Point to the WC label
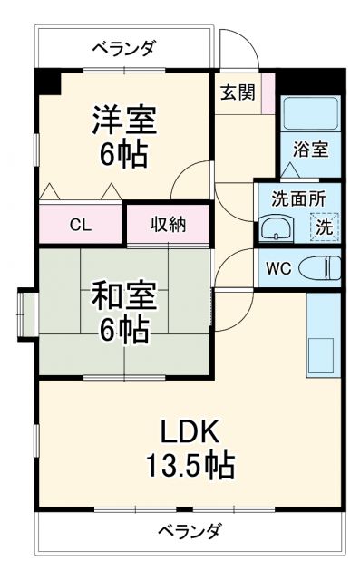(x=277, y=268)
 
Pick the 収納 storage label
(x=168, y=224)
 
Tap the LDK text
(x=191, y=430)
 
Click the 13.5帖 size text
(x=191, y=466)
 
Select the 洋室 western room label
(x=125, y=119)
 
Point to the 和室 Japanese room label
(x=125, y=296)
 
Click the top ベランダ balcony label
(x=125, y=46)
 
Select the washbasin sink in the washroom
(x=274, y=227)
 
